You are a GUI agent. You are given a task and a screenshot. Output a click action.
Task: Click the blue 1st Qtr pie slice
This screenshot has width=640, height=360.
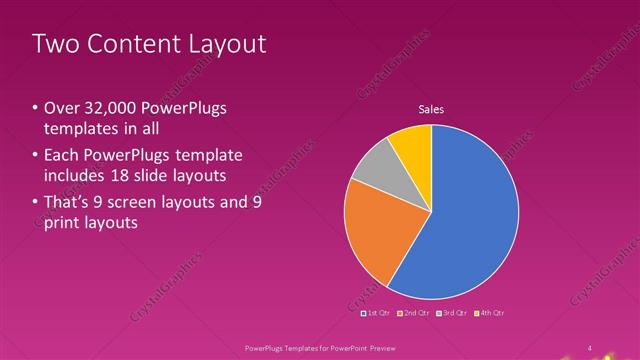pos(470,220)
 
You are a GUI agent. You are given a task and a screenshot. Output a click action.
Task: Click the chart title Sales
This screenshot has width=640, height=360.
pos(431,110)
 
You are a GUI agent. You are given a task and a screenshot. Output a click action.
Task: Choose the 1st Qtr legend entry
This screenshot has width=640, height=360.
pos(376,313)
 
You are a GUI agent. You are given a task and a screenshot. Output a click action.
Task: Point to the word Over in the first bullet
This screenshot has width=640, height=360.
pos(61,108)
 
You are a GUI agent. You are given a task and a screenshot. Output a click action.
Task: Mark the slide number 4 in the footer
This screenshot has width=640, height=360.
pos(590,347)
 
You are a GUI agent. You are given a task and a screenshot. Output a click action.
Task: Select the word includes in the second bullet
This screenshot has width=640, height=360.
pos(77,175)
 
